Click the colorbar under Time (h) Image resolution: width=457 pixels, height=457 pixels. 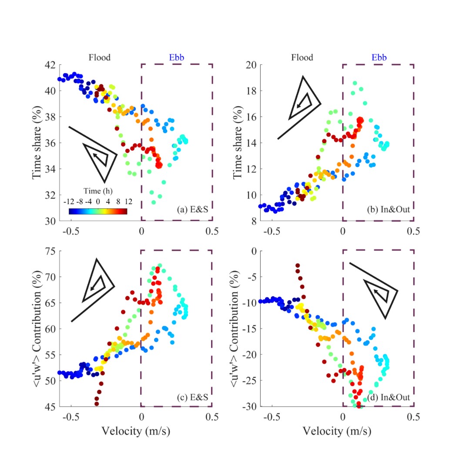pos(97,211)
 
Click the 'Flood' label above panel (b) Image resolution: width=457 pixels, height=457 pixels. pos(301,57)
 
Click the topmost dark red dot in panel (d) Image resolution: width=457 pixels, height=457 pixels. pos(298,265)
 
